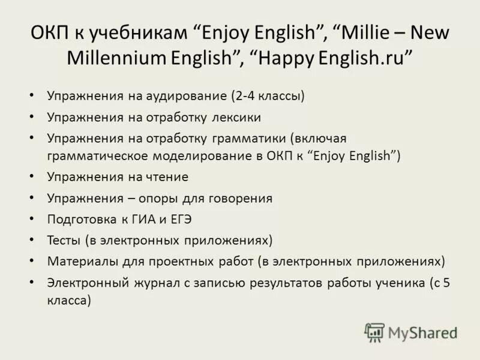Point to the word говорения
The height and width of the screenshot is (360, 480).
point(237,199)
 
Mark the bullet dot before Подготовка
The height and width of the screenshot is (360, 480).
point(31,220)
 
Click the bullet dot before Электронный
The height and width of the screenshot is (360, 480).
point(31,283)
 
